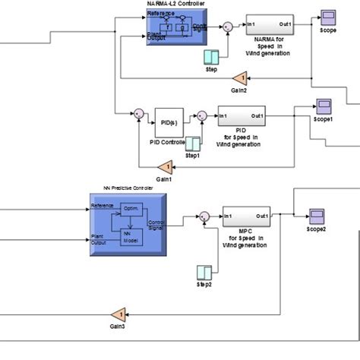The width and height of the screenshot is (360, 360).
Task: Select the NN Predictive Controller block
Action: (125, 220)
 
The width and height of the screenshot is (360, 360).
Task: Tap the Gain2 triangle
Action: (239, 77)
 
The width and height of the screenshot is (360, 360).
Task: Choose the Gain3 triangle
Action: (118, 315)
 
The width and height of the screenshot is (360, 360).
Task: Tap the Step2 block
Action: (204, 273)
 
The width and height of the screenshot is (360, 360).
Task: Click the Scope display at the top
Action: (329, 17)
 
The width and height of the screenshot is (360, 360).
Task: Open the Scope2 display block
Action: (316, 216)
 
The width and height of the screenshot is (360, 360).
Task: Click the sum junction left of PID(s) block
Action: (139, 115)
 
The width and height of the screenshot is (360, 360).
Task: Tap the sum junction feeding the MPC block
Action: (204, 218)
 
